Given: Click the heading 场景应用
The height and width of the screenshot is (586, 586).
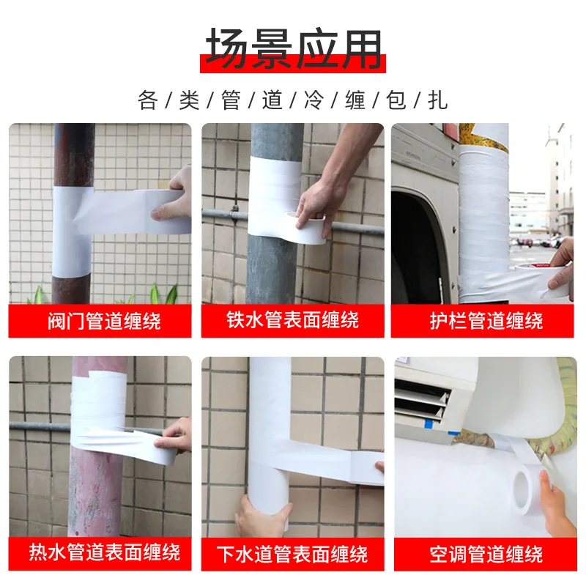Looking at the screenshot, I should coord(293,49).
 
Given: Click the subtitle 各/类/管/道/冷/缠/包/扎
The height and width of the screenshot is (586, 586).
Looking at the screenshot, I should coord(293,100).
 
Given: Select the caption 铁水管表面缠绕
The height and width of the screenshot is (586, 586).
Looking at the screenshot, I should coord(293,321).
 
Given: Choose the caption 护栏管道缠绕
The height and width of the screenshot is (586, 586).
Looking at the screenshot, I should coord(486,321).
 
